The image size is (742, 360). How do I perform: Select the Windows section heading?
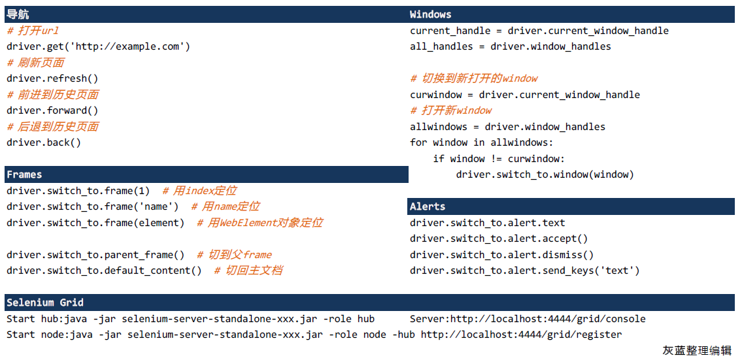click(x=430, y=14)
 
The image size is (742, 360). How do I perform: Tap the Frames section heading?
click(x=24, y=174)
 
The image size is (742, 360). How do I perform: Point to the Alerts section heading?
click(x=428, y=206)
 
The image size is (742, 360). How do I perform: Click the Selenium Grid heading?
click(x=45, y=303)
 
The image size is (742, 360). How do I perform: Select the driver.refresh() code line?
click(x=52, y=78)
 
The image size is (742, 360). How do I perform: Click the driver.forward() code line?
click(x=52, y=110)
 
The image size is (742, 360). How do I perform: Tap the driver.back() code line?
click(x=44, y=142)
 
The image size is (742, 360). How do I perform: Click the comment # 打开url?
click(x=33, y=31)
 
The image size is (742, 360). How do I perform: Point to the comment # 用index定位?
click(x=199, y=191)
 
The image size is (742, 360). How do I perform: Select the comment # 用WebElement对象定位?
click(x=260, y=223)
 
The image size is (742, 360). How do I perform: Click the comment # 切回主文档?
click(x=249, y=270)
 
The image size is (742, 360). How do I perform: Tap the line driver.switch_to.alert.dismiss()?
click(x=501, y=255)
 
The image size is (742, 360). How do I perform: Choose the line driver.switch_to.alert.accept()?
click(x=499, y=239)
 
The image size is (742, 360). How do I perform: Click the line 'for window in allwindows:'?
click(x=481, y=142)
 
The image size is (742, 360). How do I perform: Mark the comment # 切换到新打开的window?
click(x=474, y=78)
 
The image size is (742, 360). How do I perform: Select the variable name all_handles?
click(x=441, y=46)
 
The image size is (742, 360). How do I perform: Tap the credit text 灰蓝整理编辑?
click(x=697, y=350)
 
